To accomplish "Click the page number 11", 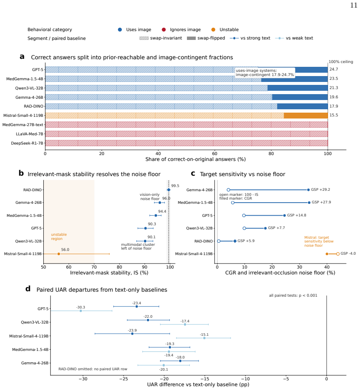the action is click(x=354, y=5).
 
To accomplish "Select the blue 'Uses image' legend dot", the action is click(x=120, y=29).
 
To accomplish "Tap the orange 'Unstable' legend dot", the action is click(x=213, y=29).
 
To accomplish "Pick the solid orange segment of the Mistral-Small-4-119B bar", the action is click(x=306, y=116).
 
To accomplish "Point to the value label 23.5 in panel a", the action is click(x=334, y=79).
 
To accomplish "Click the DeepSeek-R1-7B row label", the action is click(x=27, y=143).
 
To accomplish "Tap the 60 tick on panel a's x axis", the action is click(x=215, y=153).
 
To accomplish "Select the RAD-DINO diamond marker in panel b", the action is click(x=168, y=190).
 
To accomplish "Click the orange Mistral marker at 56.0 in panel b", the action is click(x=59, y=254).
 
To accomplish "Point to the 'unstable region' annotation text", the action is click(x=59, y=237).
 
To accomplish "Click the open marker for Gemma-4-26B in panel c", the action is click(x=228, y=190).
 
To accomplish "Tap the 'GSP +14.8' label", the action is click(x=297, y=215).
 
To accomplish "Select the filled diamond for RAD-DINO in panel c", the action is click(x=235, y=241).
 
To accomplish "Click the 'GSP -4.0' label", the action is click(x=348, y=253).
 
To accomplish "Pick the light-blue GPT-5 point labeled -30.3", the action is click(x=81, y=311).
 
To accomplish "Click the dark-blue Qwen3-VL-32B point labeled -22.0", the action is click(x=148, y=320).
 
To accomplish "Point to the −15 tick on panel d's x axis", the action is click(x=205, y=379).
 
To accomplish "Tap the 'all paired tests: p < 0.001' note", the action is click(x=293, y=295).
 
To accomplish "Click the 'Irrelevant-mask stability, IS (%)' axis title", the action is click(x=109, y=273).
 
